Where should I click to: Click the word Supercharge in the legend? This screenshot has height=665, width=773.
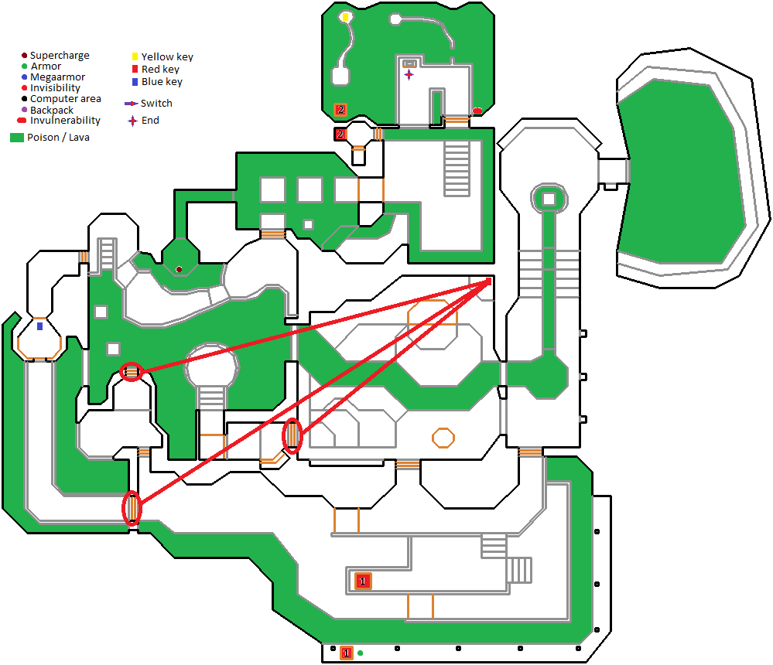click(x=60, y=56)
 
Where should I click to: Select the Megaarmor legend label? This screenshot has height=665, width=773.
click(x=57, y=77)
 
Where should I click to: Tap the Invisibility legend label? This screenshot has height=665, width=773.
click(x=55, y=88)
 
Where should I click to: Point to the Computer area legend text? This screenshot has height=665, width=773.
click(x=66, y=99)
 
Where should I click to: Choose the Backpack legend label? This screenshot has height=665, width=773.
click(x=52, y=111)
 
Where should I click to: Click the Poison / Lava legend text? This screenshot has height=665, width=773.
click(x=63, y=138)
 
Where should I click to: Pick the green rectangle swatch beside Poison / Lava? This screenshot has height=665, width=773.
click(x=16, y=138)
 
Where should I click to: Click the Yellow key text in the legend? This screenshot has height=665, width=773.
click(x=167, y=57)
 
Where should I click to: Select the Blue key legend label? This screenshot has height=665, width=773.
click(x=162, y=82)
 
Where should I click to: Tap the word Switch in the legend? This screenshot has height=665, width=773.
click(x=156, y=104)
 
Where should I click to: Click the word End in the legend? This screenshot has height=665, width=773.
click(x=150, y=121)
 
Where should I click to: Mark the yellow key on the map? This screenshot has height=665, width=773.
click(x=345, y=17)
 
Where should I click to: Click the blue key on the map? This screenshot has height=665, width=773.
click(x=39, y=327)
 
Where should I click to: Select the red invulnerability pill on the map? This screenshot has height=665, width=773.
click(x=477, y=111)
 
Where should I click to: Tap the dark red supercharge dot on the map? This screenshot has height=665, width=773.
click(x=179, y=269)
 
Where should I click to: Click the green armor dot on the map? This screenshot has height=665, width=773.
click(x=360, y=653)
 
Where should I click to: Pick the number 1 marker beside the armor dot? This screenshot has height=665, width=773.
click(x=346, y=653)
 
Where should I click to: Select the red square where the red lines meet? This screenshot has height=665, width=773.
click(x=488, y=281)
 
